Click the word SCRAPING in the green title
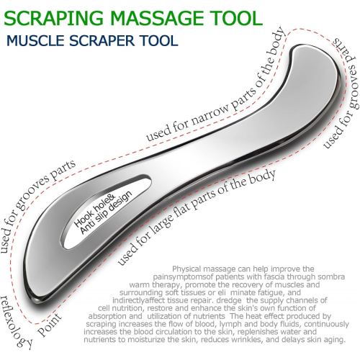click(53, 19)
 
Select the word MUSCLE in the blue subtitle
click(35, 40)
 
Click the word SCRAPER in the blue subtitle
click(102, 40)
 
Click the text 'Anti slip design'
click(106, 212)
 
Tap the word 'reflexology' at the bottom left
click(16, 323)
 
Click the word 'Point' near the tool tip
click(50, 325)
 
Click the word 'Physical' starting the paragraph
click(186, 269)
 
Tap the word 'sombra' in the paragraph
click(331, 276)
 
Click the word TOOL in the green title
click(236, 19)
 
